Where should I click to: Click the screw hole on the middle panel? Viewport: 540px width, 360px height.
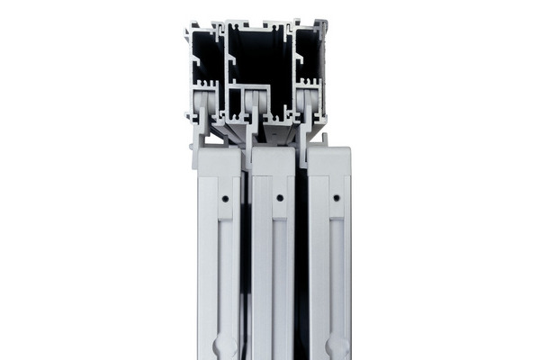pos(280,196)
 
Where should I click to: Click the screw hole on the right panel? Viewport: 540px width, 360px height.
pos(336,196)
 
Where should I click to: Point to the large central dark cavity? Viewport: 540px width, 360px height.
pos(262,58)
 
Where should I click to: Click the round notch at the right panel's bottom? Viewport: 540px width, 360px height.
pos(338,346)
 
